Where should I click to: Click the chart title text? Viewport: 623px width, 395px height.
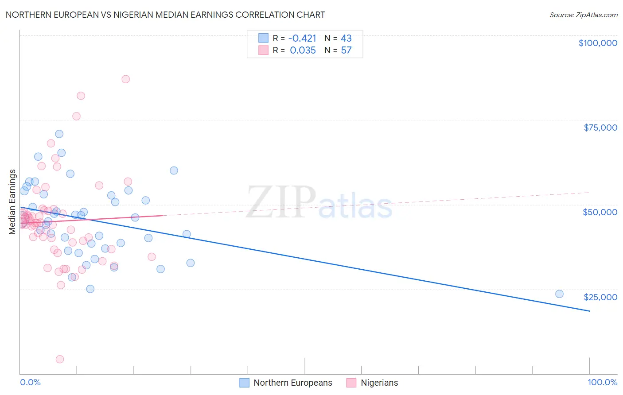click(165, 15)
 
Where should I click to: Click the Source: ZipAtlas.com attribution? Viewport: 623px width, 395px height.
click(583, 15)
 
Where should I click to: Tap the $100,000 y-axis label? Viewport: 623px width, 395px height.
click(598, 43)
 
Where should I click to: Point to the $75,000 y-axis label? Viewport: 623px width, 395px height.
click(600, 128)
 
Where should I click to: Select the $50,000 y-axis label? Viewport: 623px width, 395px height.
click(600, 212)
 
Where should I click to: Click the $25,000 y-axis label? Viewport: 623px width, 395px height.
click(600, 297)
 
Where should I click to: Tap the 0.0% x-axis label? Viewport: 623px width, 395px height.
click(30, 382)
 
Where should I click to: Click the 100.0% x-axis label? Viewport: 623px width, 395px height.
click(603, 382)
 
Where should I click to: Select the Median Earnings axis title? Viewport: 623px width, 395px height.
click(12, 202)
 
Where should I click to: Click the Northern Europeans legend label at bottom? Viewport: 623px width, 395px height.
click(293, 383)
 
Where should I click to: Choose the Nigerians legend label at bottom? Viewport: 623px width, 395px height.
click(379, 383)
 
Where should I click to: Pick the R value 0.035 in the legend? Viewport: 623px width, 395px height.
click(303, 50)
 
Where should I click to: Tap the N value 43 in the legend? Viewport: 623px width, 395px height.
click(346, 38)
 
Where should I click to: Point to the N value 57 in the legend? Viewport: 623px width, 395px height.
click(346, 50)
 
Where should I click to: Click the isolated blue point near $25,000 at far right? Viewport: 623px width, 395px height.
click(559, 294)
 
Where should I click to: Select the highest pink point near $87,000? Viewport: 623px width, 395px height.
click(125, 79)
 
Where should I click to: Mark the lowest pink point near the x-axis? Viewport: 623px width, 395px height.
click(60, 359)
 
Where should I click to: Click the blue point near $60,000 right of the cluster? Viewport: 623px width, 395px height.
click(174, 170)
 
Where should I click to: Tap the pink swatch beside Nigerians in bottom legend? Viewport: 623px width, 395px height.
click(351, 383)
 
